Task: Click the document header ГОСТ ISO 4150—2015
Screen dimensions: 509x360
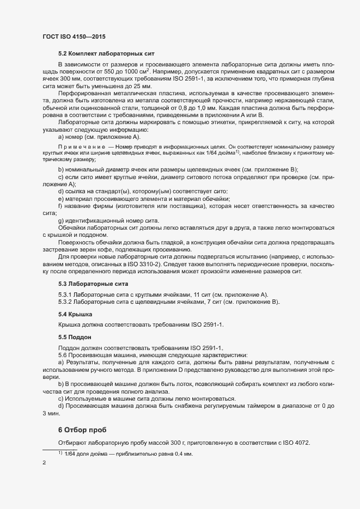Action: tap(74, 36)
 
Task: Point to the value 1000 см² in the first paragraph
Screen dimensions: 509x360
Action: tap(138, 72)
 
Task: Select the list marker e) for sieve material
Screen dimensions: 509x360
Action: tap(60, 199)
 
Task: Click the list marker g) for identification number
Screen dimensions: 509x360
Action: tap(60, 220)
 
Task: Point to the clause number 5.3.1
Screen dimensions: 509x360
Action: tap(65, 295)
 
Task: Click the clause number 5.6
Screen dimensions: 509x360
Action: tap(63, 355)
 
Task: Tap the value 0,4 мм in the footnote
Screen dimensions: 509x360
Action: tap(184, 454)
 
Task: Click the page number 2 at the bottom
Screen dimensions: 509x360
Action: tap(44, 464)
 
